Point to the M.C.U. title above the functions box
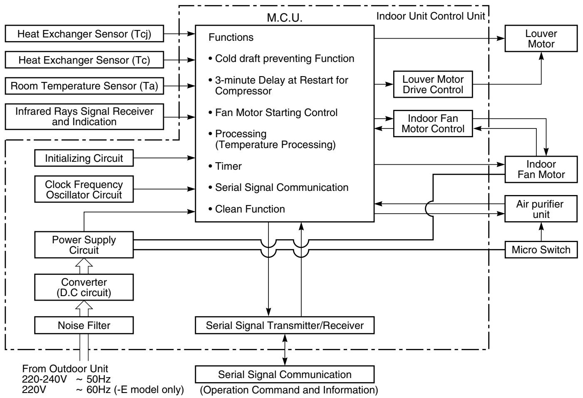285,18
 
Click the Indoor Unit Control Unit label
431,16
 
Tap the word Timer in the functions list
228,166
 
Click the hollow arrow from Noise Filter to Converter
84,309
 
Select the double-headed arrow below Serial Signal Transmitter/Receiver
285,350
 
